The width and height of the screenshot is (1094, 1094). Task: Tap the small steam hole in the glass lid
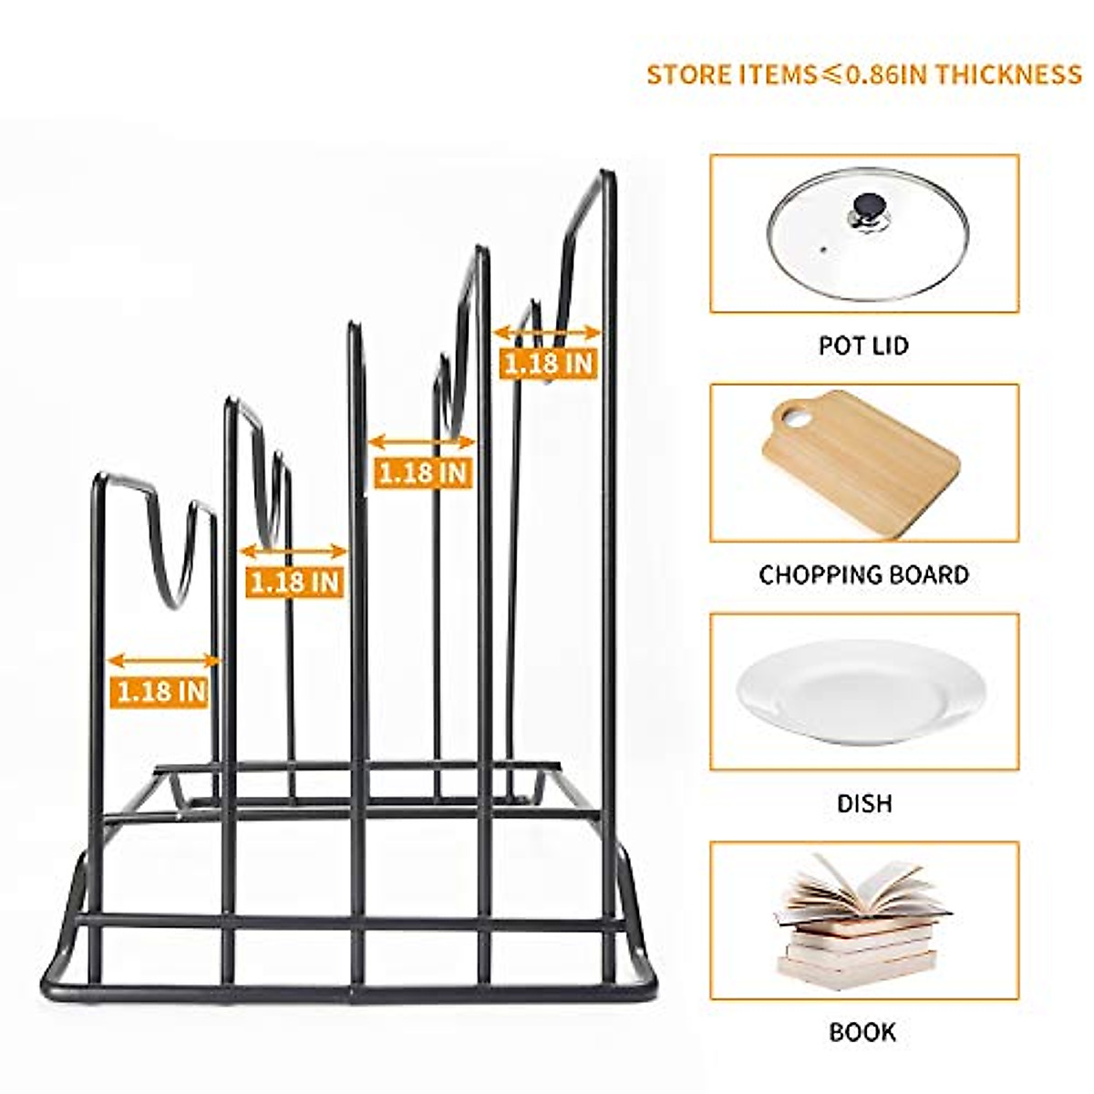tap(823, 248)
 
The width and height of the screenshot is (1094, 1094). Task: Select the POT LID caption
tap(863, 346)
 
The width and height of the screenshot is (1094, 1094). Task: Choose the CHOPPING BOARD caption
tap(863, 575)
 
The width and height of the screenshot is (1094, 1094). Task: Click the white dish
tap(862, 690)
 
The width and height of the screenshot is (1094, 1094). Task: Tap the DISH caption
tap(863, 803)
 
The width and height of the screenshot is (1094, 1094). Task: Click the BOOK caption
tap(862, 1032)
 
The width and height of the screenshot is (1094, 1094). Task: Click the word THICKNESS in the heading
tap(1007, 74)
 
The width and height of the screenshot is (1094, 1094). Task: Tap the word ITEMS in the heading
tap(775, 74)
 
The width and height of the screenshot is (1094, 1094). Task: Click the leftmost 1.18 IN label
tap(161, 691)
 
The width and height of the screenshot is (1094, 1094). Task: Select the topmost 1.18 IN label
tap(548, 363)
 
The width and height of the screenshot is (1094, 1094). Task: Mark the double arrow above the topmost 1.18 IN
tap(547, 333)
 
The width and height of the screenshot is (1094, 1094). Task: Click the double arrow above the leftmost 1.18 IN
tap(164, 661)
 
